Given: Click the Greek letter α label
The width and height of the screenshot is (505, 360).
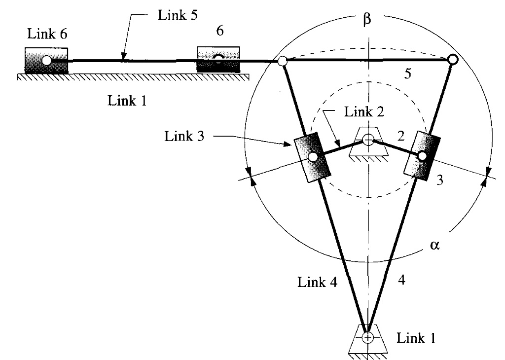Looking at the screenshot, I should (434, 246).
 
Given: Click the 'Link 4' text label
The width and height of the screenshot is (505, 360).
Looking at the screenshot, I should (315, 283).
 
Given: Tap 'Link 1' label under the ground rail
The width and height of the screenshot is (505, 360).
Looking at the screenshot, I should (127, 101).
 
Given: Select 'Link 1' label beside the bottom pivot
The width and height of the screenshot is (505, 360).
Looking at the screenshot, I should (417, 339).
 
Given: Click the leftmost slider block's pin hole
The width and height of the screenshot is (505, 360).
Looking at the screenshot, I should (46, 60).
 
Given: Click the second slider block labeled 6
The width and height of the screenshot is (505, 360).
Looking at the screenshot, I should (218, 59).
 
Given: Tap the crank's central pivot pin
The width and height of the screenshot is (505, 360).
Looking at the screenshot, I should (367, 140).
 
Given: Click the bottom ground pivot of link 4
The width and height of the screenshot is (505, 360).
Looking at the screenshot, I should (367, 337).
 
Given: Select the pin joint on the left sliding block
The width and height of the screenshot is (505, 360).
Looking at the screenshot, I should (312, 157).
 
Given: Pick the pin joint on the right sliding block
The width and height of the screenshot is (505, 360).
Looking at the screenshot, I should (422, 155).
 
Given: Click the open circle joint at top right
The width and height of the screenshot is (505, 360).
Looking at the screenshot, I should (452, 60).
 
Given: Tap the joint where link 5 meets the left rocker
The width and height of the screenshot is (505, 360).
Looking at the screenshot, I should (282, 62).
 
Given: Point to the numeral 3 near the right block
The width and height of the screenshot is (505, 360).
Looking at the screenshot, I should (440, 180).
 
